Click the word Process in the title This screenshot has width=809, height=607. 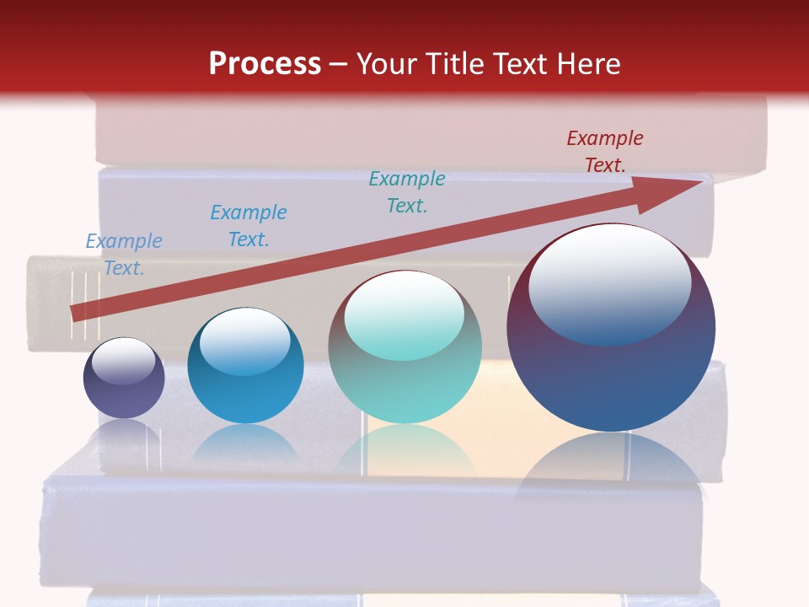point(265,64)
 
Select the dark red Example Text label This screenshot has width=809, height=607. point(604,152)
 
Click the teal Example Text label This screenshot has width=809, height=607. point(407,191)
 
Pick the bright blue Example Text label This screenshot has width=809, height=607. point(249,225)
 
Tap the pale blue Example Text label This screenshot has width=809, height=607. point(124,254)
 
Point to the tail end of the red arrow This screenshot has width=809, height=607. point(76,314)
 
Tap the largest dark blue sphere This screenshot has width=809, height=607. point(611,379)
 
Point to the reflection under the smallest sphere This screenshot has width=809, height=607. point(124,434)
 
